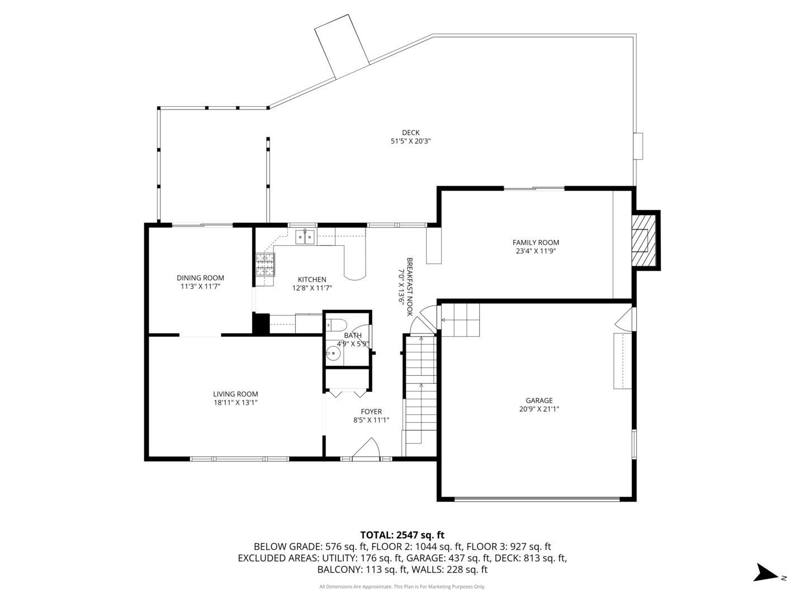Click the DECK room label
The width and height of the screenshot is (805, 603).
[410, 132]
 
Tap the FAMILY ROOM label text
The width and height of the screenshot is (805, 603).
[536, 242]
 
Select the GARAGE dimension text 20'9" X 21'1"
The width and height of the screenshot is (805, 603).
[539, 409]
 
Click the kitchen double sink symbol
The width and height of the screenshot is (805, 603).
[305, 237]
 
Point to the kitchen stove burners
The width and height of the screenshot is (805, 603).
[265, 264]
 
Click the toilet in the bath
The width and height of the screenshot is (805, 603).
[337, 324]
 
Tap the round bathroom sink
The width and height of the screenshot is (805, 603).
[333, 353]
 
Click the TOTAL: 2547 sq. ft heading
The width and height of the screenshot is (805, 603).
[402, 535]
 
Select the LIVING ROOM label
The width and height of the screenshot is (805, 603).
[235, 394]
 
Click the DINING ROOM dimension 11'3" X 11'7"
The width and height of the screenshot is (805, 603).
[200, 286]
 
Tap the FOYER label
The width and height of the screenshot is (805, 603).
[371, 411]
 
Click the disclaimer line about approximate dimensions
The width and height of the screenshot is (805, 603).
[402, 586]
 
